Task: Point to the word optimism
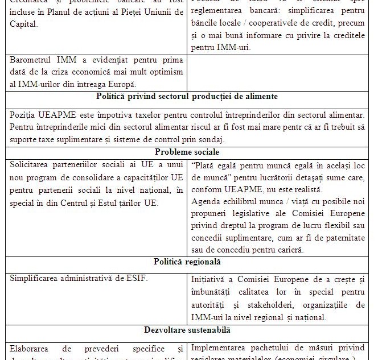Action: pos(165,72)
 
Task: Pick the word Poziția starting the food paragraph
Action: pos(24,115)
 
